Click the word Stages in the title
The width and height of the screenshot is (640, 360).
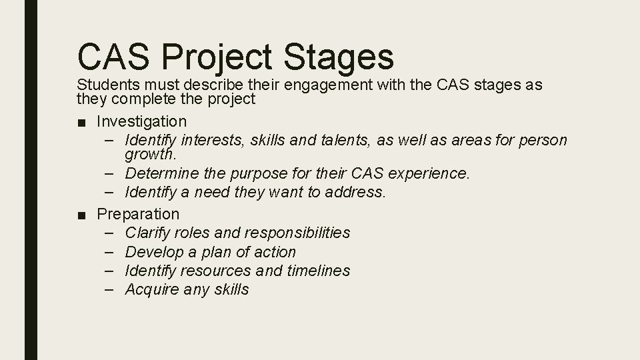point(339,56)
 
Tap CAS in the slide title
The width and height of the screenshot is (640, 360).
point(116,56)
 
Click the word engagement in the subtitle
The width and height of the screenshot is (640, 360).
point(327,85)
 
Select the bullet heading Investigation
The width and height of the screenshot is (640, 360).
point(141,121)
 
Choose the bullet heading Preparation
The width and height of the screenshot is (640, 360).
point(138,214)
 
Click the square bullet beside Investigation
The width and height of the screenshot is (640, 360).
point(81,122)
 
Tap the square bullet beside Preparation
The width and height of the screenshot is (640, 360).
point(81,215)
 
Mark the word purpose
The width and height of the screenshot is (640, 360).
point(255,174)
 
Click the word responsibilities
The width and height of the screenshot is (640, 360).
point(297,233)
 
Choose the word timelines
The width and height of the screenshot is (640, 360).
point(318,271)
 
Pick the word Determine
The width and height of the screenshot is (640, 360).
point(158,174)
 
